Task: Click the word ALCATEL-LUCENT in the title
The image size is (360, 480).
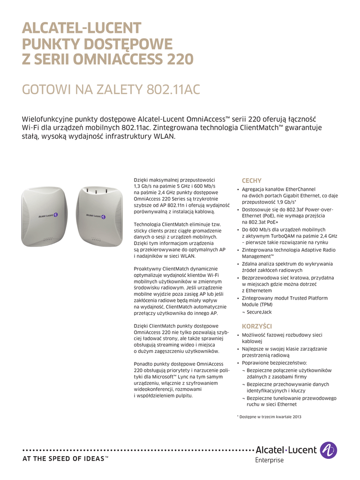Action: pos(82,29)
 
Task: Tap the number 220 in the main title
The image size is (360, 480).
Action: pos(175,60)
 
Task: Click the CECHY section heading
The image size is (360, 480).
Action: pos(251,180)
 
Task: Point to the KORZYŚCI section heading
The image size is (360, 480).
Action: pos(256,326)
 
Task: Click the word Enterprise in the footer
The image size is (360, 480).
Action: pos(270,460)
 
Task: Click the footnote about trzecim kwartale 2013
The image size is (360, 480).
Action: pos(269,417)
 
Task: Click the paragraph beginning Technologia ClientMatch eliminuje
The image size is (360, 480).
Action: pos(180,240)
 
